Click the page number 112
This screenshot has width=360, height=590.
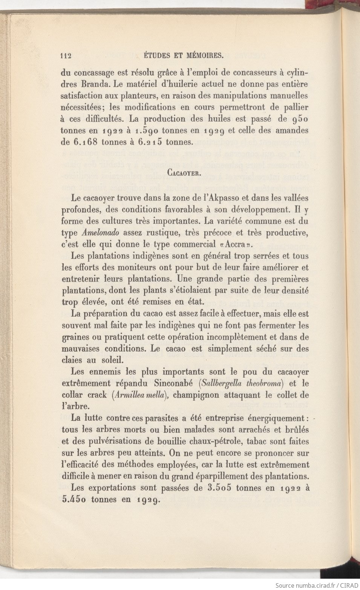pos(66,56)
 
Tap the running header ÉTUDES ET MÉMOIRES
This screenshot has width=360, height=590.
pos(185,56)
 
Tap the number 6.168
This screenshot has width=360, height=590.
pos(89,142)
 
